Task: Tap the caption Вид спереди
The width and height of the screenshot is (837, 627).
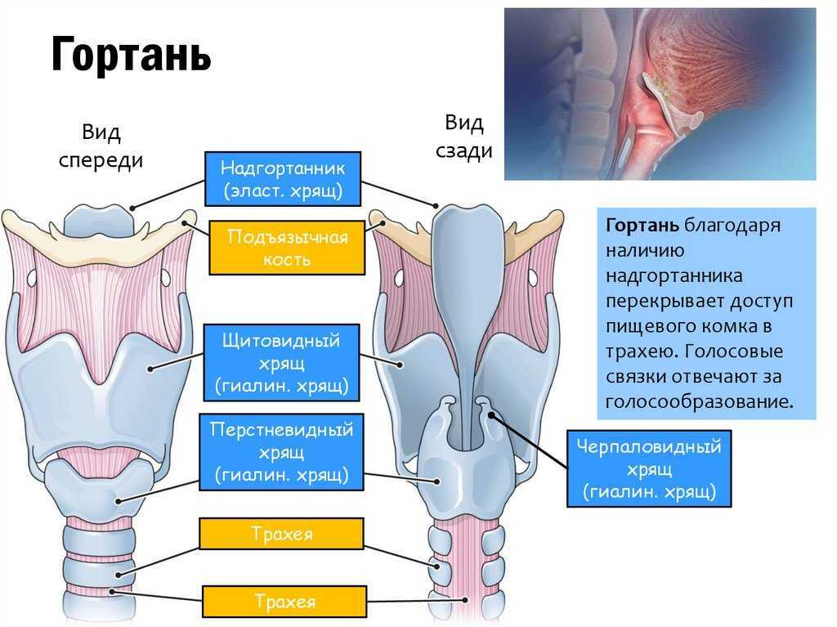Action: click(x=101, y=146)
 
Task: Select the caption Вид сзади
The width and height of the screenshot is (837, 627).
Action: click(x=463, y=137)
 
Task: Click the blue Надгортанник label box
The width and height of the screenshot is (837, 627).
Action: click(x=282, y=179)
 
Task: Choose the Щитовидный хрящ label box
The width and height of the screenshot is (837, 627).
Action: click(x=281, y=361)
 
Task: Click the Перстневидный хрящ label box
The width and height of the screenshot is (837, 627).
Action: click(x=281, y=451)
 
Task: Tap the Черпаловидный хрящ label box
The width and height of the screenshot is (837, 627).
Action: click(x=648, y=469)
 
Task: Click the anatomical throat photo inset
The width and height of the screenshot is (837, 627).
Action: click(x=660, y=93)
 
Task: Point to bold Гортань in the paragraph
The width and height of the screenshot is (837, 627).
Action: click(x=642, y=225)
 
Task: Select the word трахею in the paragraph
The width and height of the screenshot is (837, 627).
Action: click(x=641, y=352)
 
